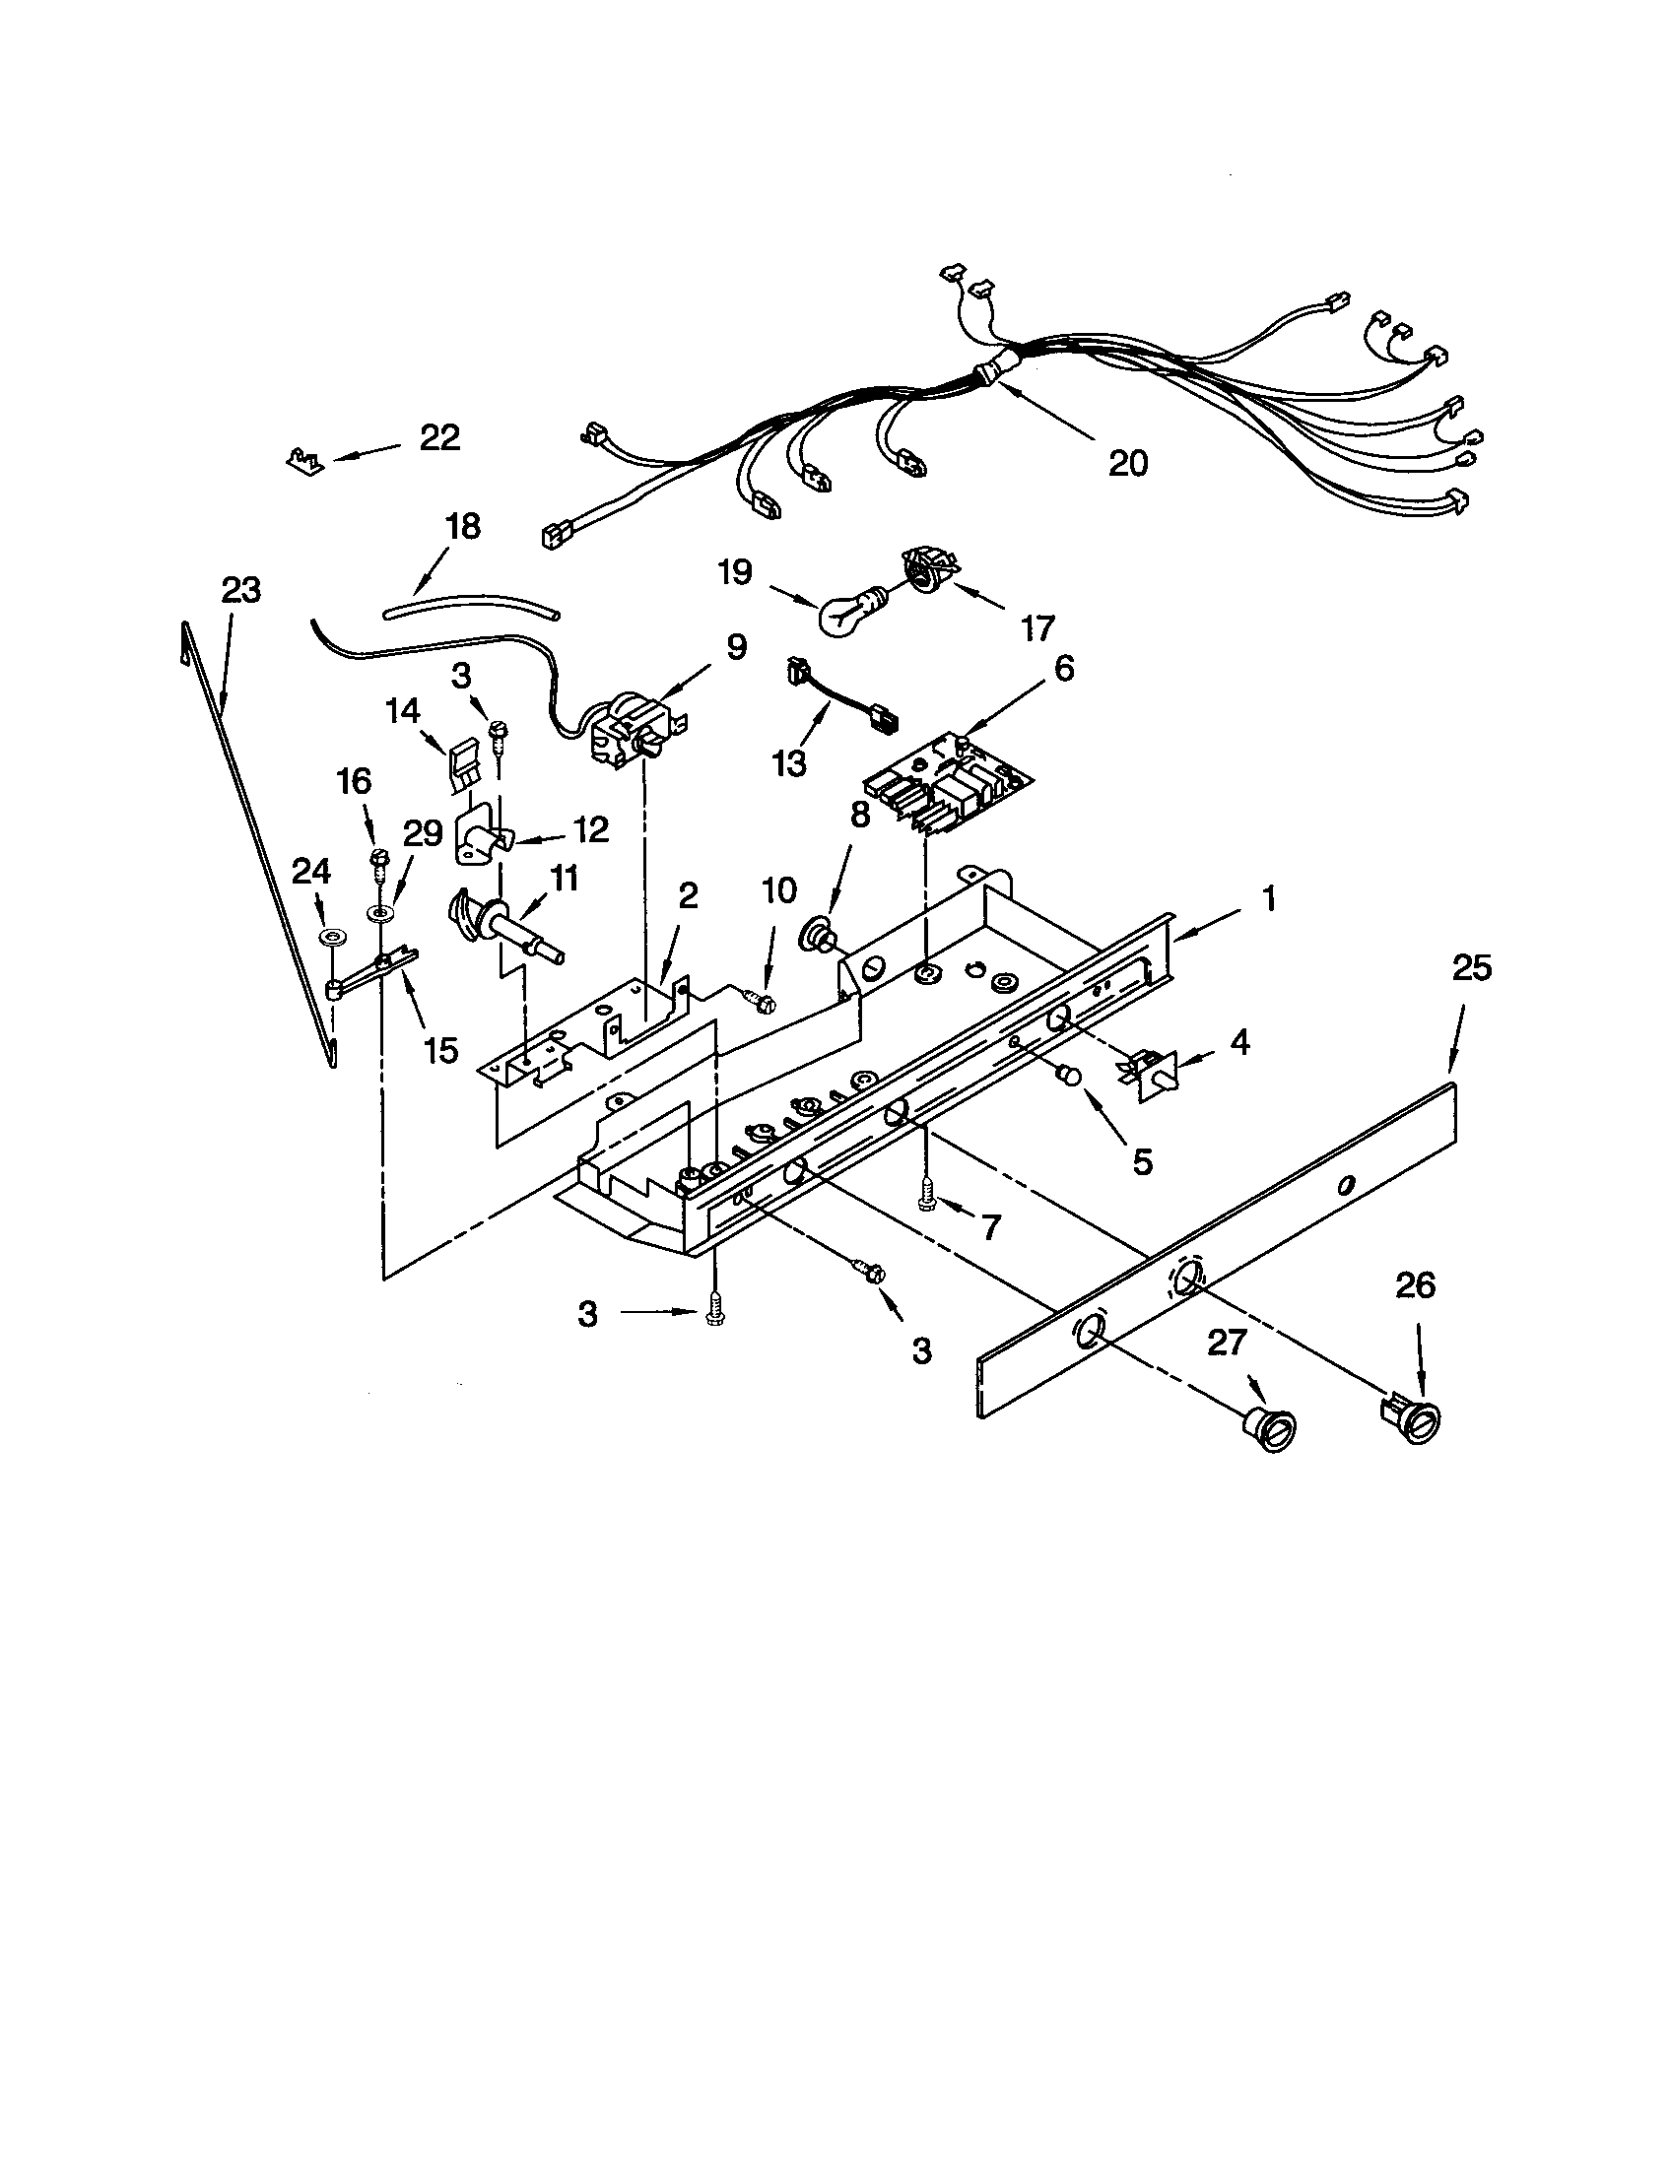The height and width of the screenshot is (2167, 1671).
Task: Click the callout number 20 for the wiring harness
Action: (1127, 462)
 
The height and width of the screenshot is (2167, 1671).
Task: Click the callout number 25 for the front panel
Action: (1472, 967)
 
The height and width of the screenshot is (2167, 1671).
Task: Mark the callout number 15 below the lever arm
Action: (441, 1049)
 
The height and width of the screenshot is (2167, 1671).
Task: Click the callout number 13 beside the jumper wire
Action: (790, 764)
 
